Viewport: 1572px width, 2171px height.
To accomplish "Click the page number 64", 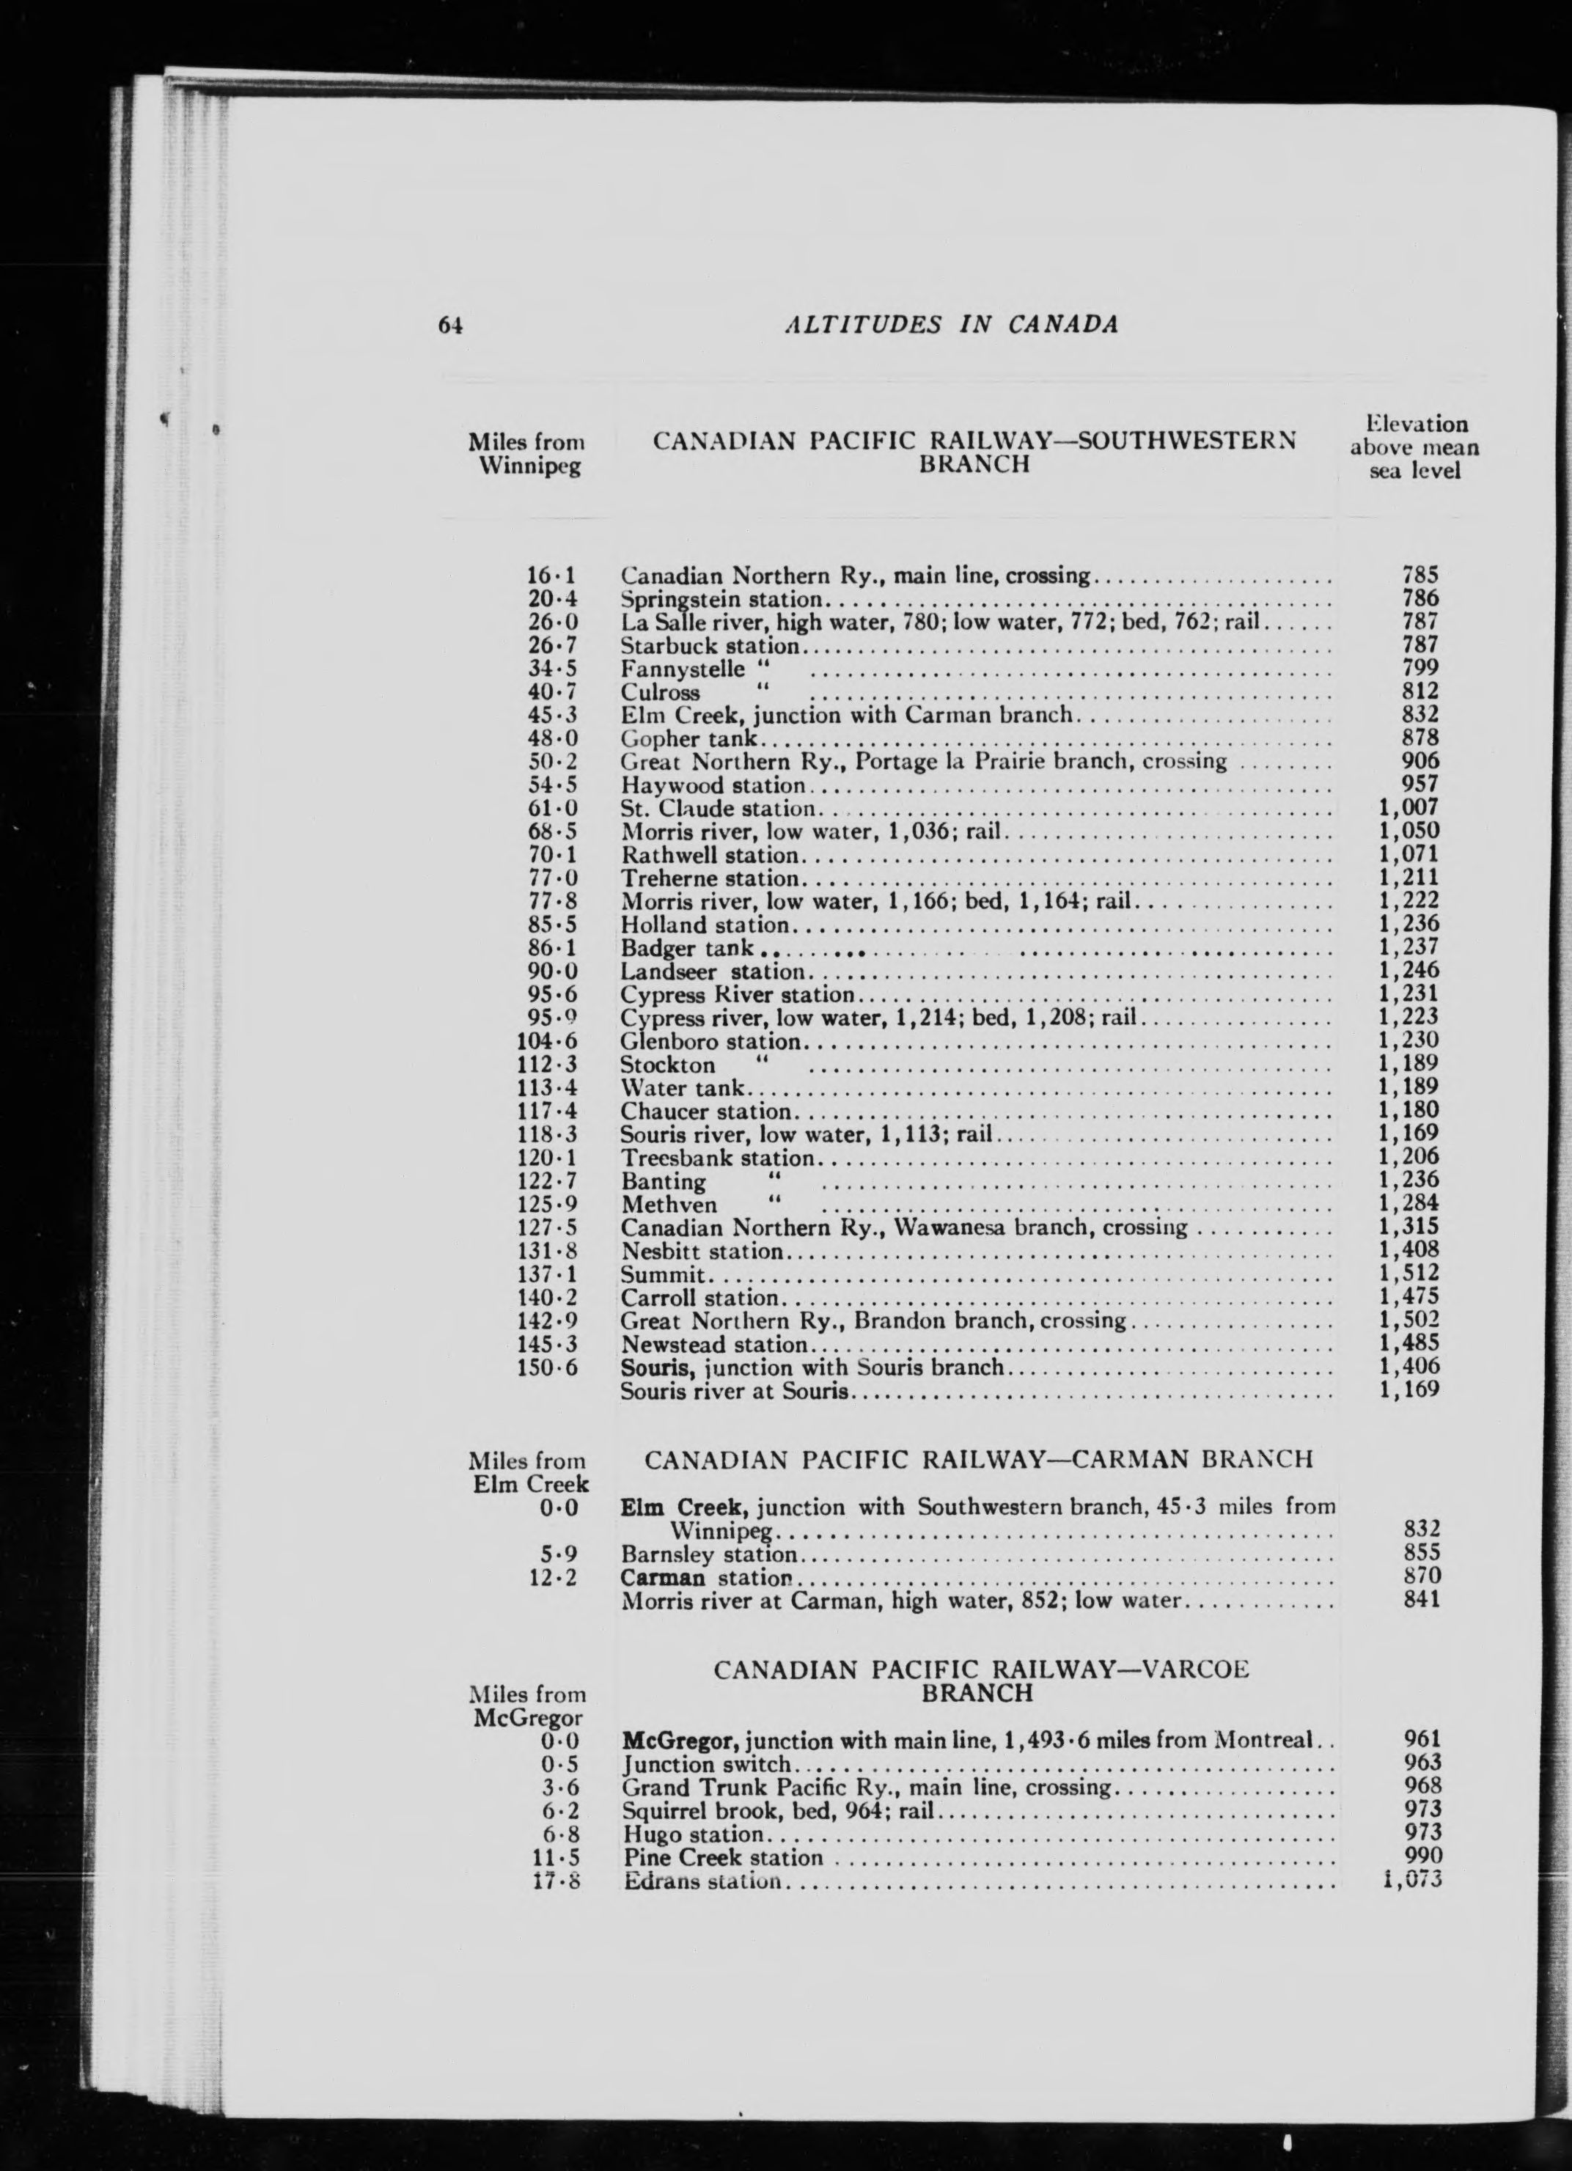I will tap(451, 326).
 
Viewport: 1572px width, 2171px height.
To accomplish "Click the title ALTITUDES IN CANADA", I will tap(951, 325).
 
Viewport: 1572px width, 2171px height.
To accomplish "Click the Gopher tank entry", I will tap(689, 739).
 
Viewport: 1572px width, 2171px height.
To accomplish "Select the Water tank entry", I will tap(683, 1088).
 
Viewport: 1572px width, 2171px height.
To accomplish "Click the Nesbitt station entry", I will tap(702, 1251).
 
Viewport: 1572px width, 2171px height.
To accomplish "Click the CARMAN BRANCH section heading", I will tap(978, 1460).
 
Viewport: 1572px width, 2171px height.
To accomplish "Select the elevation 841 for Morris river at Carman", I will tap(1421, 1600).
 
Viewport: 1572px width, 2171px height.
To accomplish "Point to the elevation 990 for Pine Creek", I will tap(1421, 1858).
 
